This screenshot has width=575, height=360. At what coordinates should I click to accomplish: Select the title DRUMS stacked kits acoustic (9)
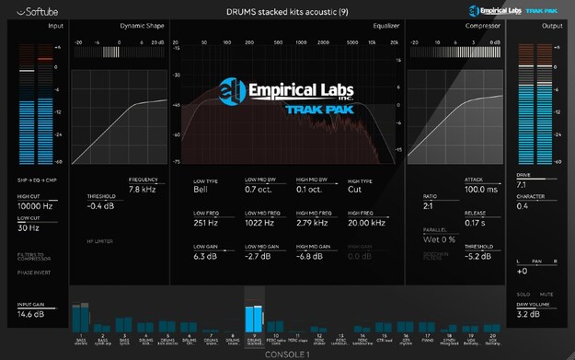pos(286,11)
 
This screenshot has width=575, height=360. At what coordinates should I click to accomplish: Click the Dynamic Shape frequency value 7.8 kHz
pos(146,189)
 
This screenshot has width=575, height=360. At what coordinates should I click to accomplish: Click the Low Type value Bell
pos(201,189)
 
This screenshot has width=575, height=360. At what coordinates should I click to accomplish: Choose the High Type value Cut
pos(354,189)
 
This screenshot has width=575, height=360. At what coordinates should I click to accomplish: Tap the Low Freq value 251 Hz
pos(206,222)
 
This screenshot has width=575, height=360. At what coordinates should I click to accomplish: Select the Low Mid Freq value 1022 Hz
pos(260,222)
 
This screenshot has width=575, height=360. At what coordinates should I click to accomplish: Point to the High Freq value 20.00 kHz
pos(367,222)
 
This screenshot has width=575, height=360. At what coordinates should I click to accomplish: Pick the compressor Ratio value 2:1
pos(429,205)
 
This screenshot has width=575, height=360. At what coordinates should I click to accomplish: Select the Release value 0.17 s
pos(476,222)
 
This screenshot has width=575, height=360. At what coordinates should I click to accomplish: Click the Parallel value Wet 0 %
pos(440,239)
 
